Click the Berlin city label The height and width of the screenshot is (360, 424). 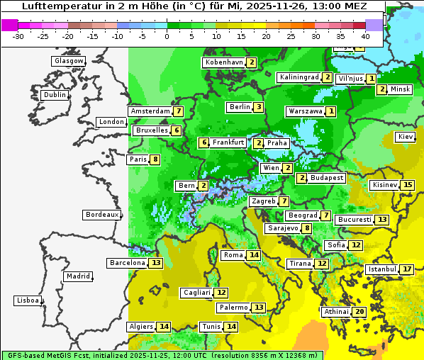click(240, 107)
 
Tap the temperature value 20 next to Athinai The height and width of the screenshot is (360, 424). click(360, 312)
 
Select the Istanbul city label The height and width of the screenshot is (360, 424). click(381, 270)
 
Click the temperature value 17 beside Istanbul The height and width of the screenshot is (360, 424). click(407, 270)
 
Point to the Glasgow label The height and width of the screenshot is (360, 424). click(69, 61)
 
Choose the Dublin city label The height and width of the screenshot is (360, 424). click(55, 95)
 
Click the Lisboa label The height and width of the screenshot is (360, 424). click(28, 300)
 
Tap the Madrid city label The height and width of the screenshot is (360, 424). click(77, 276)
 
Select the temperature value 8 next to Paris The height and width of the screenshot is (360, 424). click(155, 159)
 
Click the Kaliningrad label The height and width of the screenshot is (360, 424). click(299, 77)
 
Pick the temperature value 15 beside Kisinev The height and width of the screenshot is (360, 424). click(407, 186)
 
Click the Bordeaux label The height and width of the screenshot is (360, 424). click(102, 215)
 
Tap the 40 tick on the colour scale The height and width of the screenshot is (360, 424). click(365, 36)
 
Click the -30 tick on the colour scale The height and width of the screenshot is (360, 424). click(18, 36)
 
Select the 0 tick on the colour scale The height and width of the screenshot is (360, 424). click(167, 36)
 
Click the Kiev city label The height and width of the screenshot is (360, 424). click(406, 137)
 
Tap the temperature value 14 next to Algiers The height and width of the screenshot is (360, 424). click(164, 327)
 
